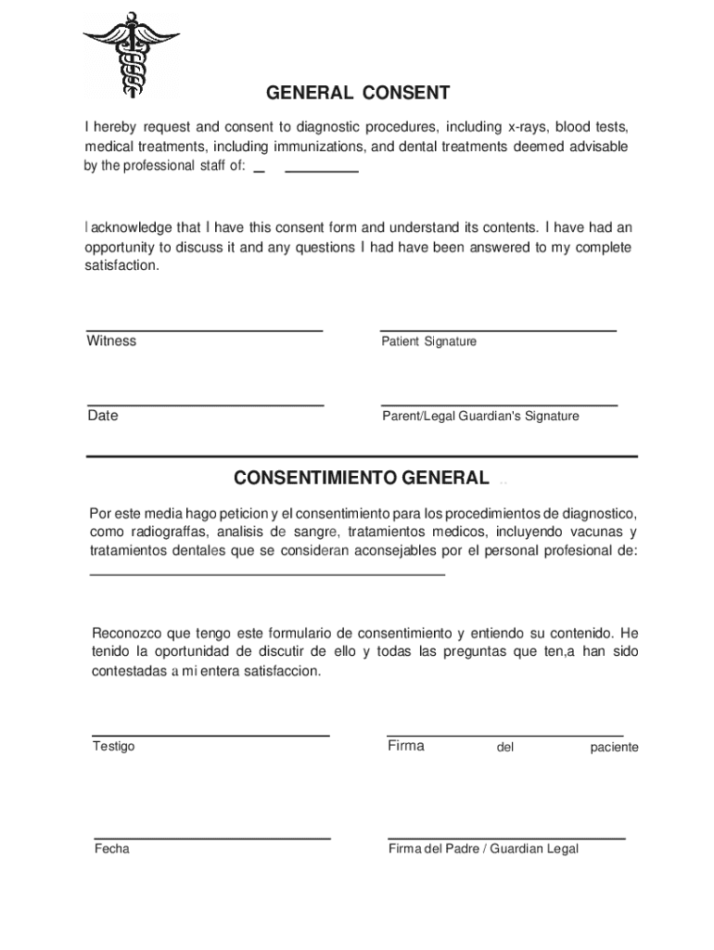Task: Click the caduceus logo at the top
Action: (131, 54)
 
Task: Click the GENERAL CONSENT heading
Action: (358, 93)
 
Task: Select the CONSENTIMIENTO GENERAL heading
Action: (362, 478)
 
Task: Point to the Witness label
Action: (111, 340)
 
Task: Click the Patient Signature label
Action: (428, 341)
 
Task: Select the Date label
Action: (103, 416)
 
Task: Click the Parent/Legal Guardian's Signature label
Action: (480, 417)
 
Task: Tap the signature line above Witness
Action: (204, 330)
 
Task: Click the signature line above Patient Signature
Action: (498, 330)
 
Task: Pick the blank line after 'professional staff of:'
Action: (321, 172)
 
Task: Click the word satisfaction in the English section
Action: (121, 265)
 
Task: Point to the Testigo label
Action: (113, 747)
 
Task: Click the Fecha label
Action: (111, 849)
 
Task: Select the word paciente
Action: (614, 748)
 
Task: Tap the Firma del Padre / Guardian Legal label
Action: (482, 849)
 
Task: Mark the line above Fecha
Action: (211, 838)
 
